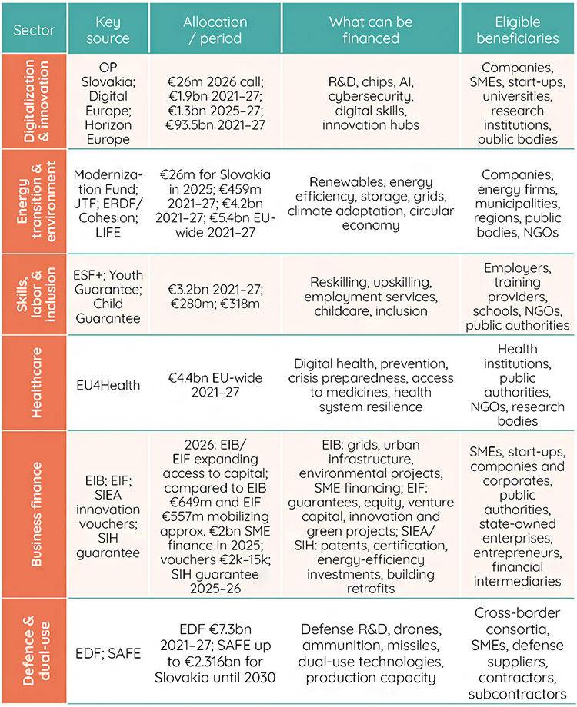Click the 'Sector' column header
tap(34, 30)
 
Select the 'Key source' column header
tap(108, 30)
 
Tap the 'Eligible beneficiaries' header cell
tap(518, 30)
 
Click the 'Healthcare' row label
tap(36, 383)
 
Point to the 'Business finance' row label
tap(36, 514)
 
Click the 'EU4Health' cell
tap(108, 385)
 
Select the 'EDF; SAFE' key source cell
tap(108, 653)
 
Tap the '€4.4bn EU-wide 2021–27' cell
tap(215, 385)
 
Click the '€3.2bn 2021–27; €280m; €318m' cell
tap(215, 296)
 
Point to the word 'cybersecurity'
tap(371, 97)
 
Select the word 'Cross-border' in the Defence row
tap(518, 612)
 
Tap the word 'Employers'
tap(518, 268)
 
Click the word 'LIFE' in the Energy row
tap(108, 233)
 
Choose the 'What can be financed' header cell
tap(371, 30)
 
